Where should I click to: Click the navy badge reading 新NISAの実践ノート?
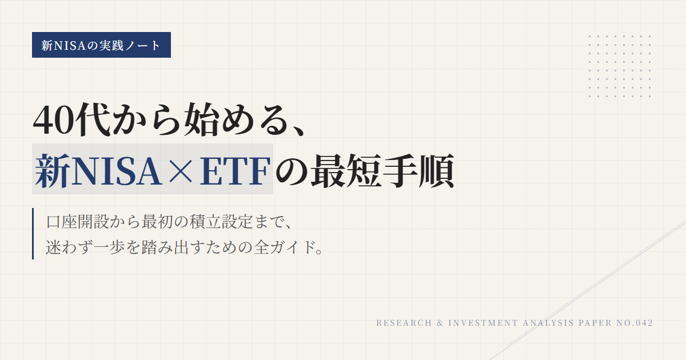(101, 45)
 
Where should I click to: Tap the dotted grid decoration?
(620, 66)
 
